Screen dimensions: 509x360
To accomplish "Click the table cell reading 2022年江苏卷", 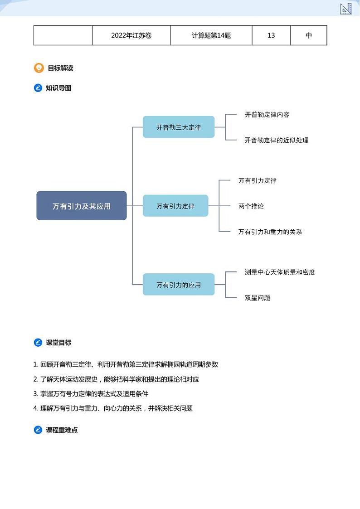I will tap(131, 35).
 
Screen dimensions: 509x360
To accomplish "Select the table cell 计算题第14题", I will tap(211, 35).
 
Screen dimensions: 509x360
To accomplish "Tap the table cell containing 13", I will tap(271, 35).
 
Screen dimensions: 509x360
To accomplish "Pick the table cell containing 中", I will tap(309, 35).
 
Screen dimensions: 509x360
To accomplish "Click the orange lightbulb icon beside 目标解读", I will tap(39, 68).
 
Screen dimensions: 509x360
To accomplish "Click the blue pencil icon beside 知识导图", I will tap(38, 88).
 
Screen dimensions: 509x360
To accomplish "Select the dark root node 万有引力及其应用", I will tap(82, 206).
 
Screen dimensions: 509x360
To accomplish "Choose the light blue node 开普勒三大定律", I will tap(179, 127).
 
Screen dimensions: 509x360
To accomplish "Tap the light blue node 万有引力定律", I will tap(175, 206).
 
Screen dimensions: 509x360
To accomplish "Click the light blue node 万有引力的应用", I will tap(179, 285).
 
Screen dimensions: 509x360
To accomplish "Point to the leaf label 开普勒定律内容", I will tap(267, 115).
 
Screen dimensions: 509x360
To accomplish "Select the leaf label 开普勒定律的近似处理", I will tap(277, 140).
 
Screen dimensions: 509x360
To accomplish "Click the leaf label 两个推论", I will tap(251, 206).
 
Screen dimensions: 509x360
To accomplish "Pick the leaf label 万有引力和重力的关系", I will tap(270, 232).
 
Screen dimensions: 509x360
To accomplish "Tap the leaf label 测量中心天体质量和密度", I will tap(280, 272).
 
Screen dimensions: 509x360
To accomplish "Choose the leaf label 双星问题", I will tap(258, 298).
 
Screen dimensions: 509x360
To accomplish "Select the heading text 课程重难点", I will tap(62, 430).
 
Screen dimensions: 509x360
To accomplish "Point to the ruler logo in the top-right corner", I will tap(346, 8).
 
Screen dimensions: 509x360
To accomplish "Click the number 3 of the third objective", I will tap(35, 393).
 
